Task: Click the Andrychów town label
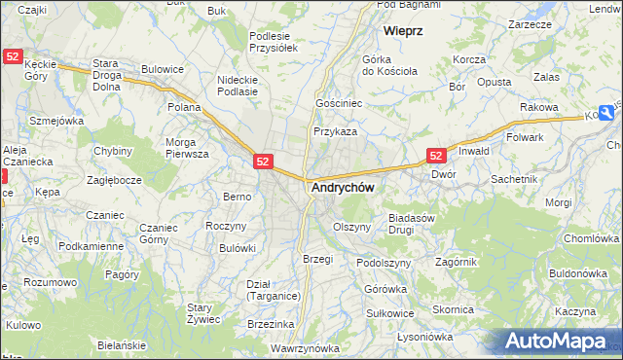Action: pyautogui.click(x=342, y=187)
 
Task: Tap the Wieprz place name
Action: pyautogui.click(x=402, y=31)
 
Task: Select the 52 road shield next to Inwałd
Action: pyautogui.click(x=436, y=156)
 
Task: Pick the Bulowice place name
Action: pyautogui.click(x=163, y=69)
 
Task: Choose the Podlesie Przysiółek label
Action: pyautogui.click(x=273, y=40)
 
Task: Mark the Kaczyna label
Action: pyautogui.click(x=574, y=311)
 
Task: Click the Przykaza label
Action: pyautogui.click(x=335, y=131)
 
